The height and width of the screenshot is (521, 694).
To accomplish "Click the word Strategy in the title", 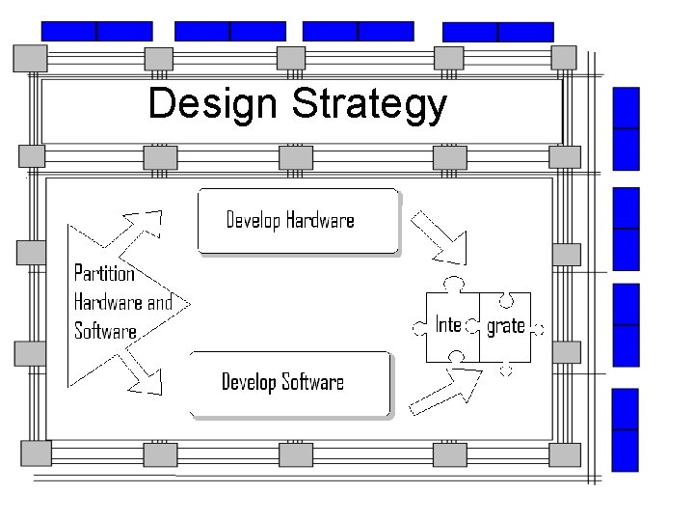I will click(x=370, y=106).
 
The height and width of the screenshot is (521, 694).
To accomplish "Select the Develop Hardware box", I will click(x=297, y=221).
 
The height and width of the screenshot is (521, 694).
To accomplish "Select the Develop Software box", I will click(x=290, y=383).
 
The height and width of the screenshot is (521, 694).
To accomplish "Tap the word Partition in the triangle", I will click(x=104, y=273).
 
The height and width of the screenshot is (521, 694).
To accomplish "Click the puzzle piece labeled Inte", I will click(x=451, y=324).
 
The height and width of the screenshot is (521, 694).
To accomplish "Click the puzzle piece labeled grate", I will click(x=505, y=326).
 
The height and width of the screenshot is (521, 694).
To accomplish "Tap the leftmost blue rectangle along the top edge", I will click(x=96, y=31).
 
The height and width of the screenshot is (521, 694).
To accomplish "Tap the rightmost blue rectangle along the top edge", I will click(x=498, y=31).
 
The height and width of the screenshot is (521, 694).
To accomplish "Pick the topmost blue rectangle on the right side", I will click(x=627, y=127).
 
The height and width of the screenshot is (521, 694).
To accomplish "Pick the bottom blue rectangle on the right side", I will click(x=627, y=429).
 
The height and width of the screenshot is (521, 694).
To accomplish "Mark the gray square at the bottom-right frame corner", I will click(x=564, y=452).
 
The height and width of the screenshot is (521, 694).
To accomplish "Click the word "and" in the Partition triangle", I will click(x=160, y=302).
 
